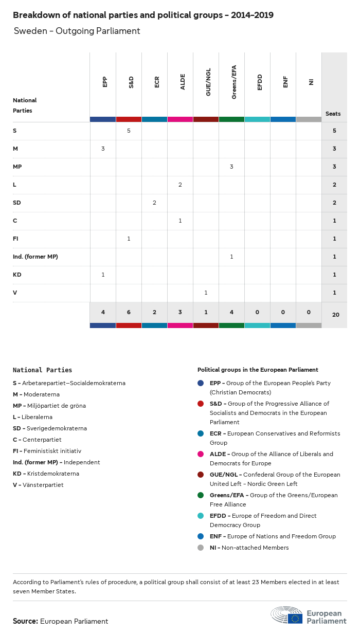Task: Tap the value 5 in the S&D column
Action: point(129,131)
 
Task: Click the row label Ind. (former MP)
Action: point(35,257)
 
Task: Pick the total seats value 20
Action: point(335,314)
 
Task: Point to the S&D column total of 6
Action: point(129,312)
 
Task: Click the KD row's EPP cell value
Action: point(103,275)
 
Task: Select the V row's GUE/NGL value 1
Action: point(206,293)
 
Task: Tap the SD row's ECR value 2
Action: point(154,203)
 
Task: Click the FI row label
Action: point(15,239)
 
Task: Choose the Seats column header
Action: point(333,114)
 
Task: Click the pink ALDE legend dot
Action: point(201,454)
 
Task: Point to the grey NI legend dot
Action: point(201,548)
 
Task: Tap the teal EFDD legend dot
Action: point(201,516)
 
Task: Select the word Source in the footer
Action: point(25,621)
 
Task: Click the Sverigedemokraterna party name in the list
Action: point(54,428)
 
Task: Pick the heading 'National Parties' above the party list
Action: point(42,370)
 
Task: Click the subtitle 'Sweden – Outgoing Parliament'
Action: point(77,31)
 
